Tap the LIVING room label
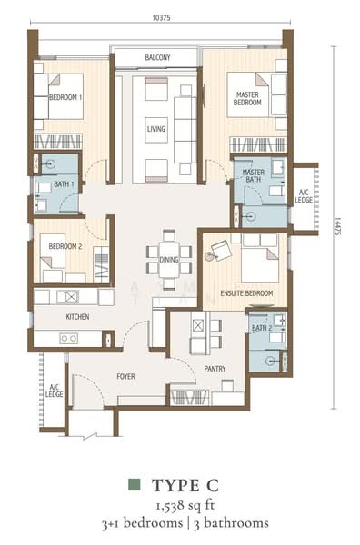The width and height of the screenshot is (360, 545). (x=156, y=130)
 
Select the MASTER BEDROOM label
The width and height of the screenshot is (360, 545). (x=247, y=99)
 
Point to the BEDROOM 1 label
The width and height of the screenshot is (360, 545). (x=65, y=97)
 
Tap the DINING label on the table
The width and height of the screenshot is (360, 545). (x=169, y=259)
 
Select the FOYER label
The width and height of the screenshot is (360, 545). (x=125, y=375)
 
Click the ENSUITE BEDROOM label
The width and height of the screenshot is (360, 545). (x=247, y=293)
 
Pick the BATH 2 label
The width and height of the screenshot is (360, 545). (x=261, y=328)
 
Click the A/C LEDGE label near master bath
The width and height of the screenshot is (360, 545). (x=305, y=196)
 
